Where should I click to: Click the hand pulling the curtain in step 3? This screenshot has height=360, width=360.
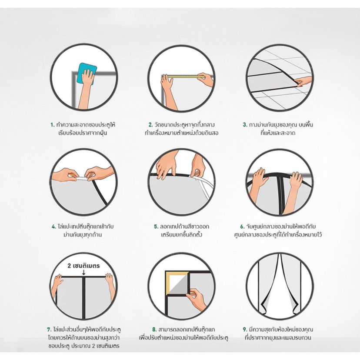(303, 81)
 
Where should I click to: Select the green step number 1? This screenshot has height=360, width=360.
(53, 125)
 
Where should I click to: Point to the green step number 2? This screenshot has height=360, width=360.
(150, 125)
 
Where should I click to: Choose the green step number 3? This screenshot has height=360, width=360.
(245, 125)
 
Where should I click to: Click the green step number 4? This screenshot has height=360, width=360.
(54, 227)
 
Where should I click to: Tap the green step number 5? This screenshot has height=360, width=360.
(156, 227)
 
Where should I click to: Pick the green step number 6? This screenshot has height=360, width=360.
(243, 227)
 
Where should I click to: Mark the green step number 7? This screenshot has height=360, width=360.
(49, 330)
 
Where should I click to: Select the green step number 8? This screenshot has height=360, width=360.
(154, 330)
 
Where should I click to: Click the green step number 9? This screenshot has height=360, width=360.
(245, 330)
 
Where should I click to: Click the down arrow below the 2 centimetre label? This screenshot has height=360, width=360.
(84, 272)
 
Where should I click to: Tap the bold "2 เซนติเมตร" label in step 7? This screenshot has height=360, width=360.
(83, 266)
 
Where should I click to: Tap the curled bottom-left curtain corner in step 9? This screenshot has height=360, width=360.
(263, 308)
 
